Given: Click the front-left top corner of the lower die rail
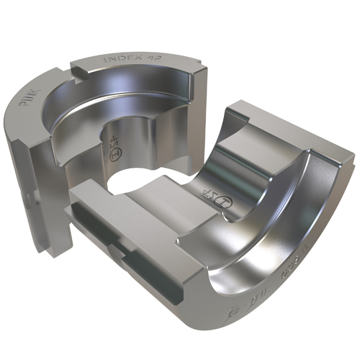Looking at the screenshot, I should tap(79, 189).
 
